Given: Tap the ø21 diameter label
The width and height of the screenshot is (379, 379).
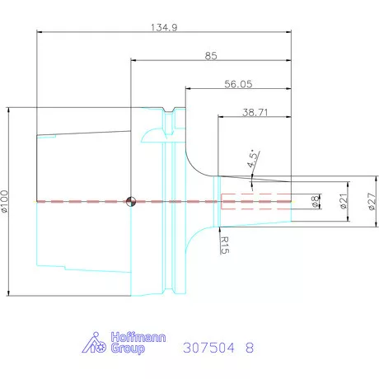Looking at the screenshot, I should (343, 200).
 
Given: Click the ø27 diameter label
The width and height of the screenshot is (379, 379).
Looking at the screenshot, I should (371, 200).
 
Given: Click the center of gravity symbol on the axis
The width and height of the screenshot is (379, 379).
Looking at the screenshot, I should (130, 200).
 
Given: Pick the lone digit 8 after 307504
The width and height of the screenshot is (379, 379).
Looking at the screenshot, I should (250, 348).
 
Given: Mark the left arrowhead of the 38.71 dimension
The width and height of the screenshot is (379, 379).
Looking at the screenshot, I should (220, 118).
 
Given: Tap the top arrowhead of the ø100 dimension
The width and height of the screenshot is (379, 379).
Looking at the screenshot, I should (8, 110).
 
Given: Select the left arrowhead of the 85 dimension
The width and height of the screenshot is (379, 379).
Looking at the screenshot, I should (133, 59).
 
